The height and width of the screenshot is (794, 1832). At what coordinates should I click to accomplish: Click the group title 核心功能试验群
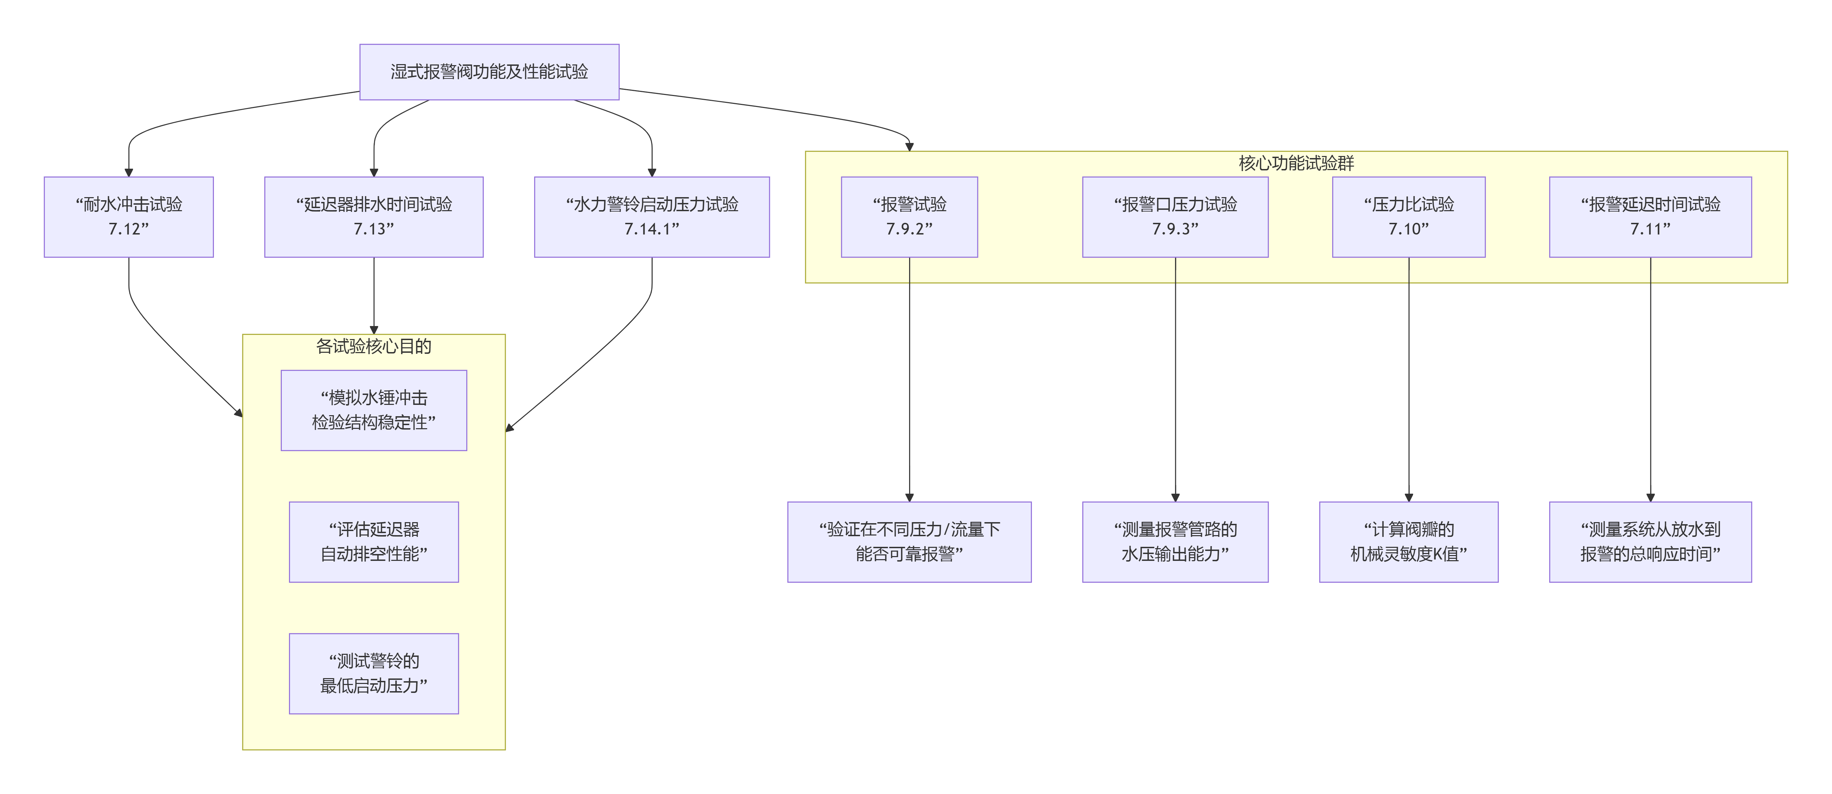coord(1296,163)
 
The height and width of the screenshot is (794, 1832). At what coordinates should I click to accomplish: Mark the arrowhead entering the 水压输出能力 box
coord(1175,497)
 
